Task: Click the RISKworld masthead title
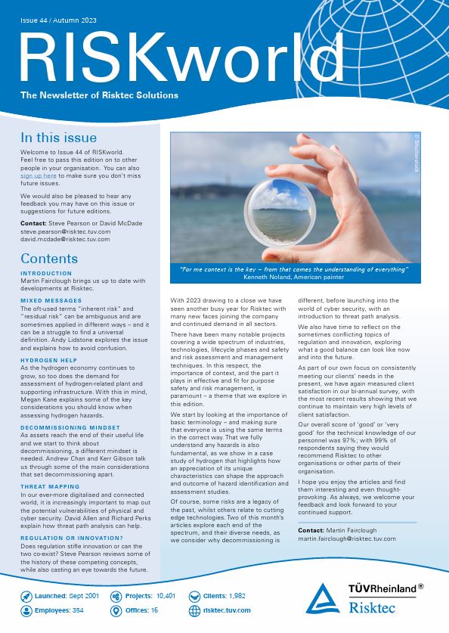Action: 178,57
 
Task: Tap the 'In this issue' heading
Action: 58,138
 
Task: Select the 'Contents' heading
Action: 49,259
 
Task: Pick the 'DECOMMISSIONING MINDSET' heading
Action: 67,427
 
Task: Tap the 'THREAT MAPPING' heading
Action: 49,486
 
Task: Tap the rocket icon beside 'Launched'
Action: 26,596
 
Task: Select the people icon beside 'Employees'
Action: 26,610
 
